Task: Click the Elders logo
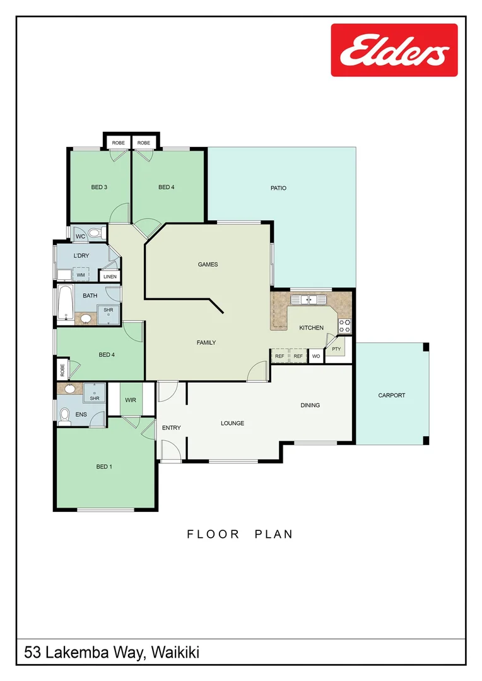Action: click(394, 50)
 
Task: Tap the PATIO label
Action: click(278, 188)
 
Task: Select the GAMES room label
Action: click(208, 264)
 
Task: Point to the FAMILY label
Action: click(206, 343)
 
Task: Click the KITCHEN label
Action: click(311, 328)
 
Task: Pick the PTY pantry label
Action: click(336, 349)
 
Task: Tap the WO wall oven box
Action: click(315, 356)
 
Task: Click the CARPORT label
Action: click(391, 395)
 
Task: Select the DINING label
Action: click(310, 405)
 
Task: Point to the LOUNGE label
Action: click(232, 423)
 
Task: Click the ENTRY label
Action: click(171, 428)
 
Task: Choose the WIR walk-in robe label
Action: click(131, 400)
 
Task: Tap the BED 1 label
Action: click(103, 467)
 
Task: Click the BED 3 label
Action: click(99, 187)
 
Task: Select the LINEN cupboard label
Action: click(110, 276)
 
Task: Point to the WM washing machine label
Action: click(81, 275)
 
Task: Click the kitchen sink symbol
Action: click(309, 300)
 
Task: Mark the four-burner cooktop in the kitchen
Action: click(345, 326)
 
